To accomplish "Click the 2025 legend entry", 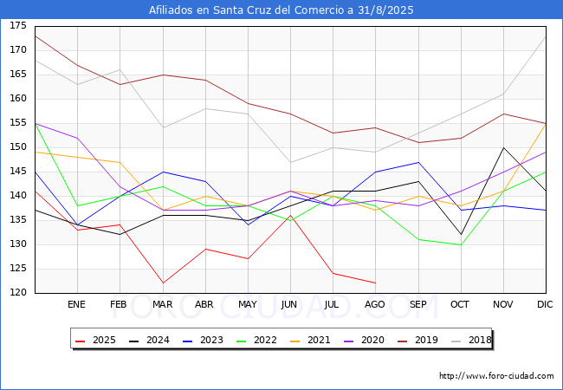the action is [x=95, y=340].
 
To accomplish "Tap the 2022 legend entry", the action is [x=256, y=340].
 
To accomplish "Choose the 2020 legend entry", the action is [x=364, y=340].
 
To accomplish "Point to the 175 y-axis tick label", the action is [x=18, y=25].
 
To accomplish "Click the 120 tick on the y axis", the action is [x=18, y=292].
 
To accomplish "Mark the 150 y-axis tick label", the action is [x=18, y=146].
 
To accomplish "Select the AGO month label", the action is [x=375, y=304].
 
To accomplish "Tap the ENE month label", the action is [x=77, y=304].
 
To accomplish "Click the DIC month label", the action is [x=545, y=304].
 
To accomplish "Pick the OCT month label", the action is [x=460, y=304].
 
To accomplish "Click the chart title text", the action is [x=281, y=10].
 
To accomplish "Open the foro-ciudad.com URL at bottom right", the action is [x=496, y=376].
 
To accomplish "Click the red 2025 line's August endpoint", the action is [x=376, y=283].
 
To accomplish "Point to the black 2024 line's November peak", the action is [x=504, y=147].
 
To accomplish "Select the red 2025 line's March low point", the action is [x=163, y=283].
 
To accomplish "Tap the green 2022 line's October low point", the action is [x=461, y=245].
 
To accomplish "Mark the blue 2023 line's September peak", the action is [x=418, y=162].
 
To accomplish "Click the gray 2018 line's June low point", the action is [x=290, y=162].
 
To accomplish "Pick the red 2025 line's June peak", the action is [x=290, y=216].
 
